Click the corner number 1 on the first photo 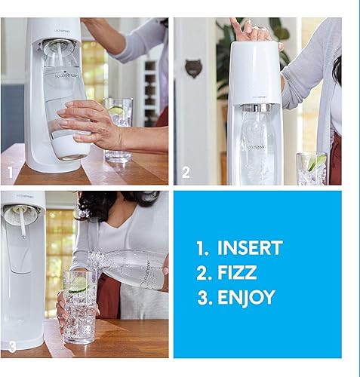11,173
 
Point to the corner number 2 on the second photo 186,173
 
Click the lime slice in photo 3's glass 78,285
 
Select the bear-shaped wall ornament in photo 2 192,69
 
